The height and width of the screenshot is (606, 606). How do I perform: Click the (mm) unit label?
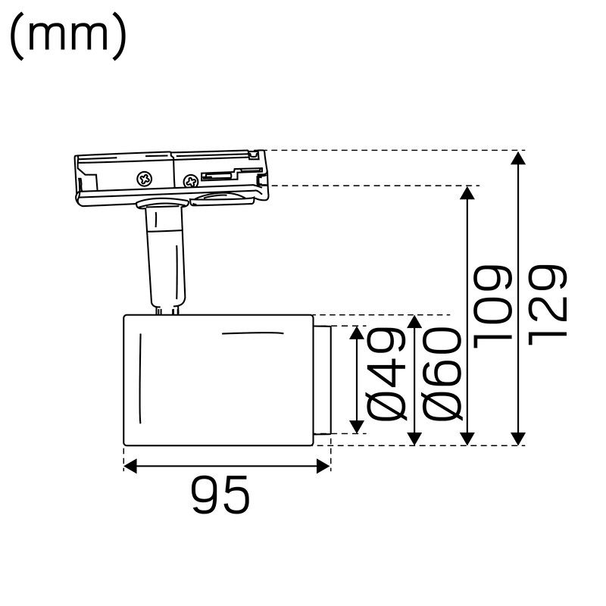(68, 38)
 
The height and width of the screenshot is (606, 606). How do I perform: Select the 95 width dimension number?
(220, 497)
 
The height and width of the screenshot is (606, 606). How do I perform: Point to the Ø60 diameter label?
(443, 375)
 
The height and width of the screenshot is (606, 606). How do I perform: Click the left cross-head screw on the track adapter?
(144, 179)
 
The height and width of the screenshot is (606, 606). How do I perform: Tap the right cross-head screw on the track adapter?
(191, 180)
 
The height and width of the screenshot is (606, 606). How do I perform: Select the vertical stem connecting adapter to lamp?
(166, 258)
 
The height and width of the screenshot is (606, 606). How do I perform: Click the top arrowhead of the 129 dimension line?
(518, 158)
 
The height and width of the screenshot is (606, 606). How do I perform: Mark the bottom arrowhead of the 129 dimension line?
(518, 438)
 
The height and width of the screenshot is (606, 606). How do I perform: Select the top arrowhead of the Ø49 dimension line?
(356, 333)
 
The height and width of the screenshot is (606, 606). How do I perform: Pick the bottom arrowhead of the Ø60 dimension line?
(414, 438)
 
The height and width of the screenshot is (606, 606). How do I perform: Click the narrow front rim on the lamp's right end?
(323, 380)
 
